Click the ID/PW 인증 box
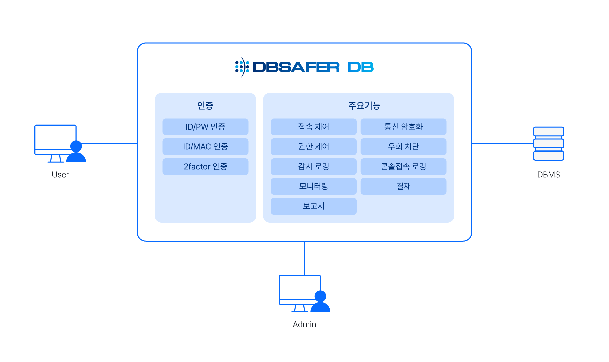205,127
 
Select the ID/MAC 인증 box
205,146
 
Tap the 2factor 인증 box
205,166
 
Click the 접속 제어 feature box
314,127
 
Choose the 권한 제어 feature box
314,146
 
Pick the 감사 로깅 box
314,166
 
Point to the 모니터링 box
314,186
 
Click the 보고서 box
314,206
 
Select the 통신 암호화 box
403,127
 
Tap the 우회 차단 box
403,146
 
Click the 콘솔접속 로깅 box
403,166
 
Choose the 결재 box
403,186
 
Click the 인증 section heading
205,106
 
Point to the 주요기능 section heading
364,106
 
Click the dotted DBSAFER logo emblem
242,67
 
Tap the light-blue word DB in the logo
360,67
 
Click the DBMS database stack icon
548,143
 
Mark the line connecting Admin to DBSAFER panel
304,258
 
